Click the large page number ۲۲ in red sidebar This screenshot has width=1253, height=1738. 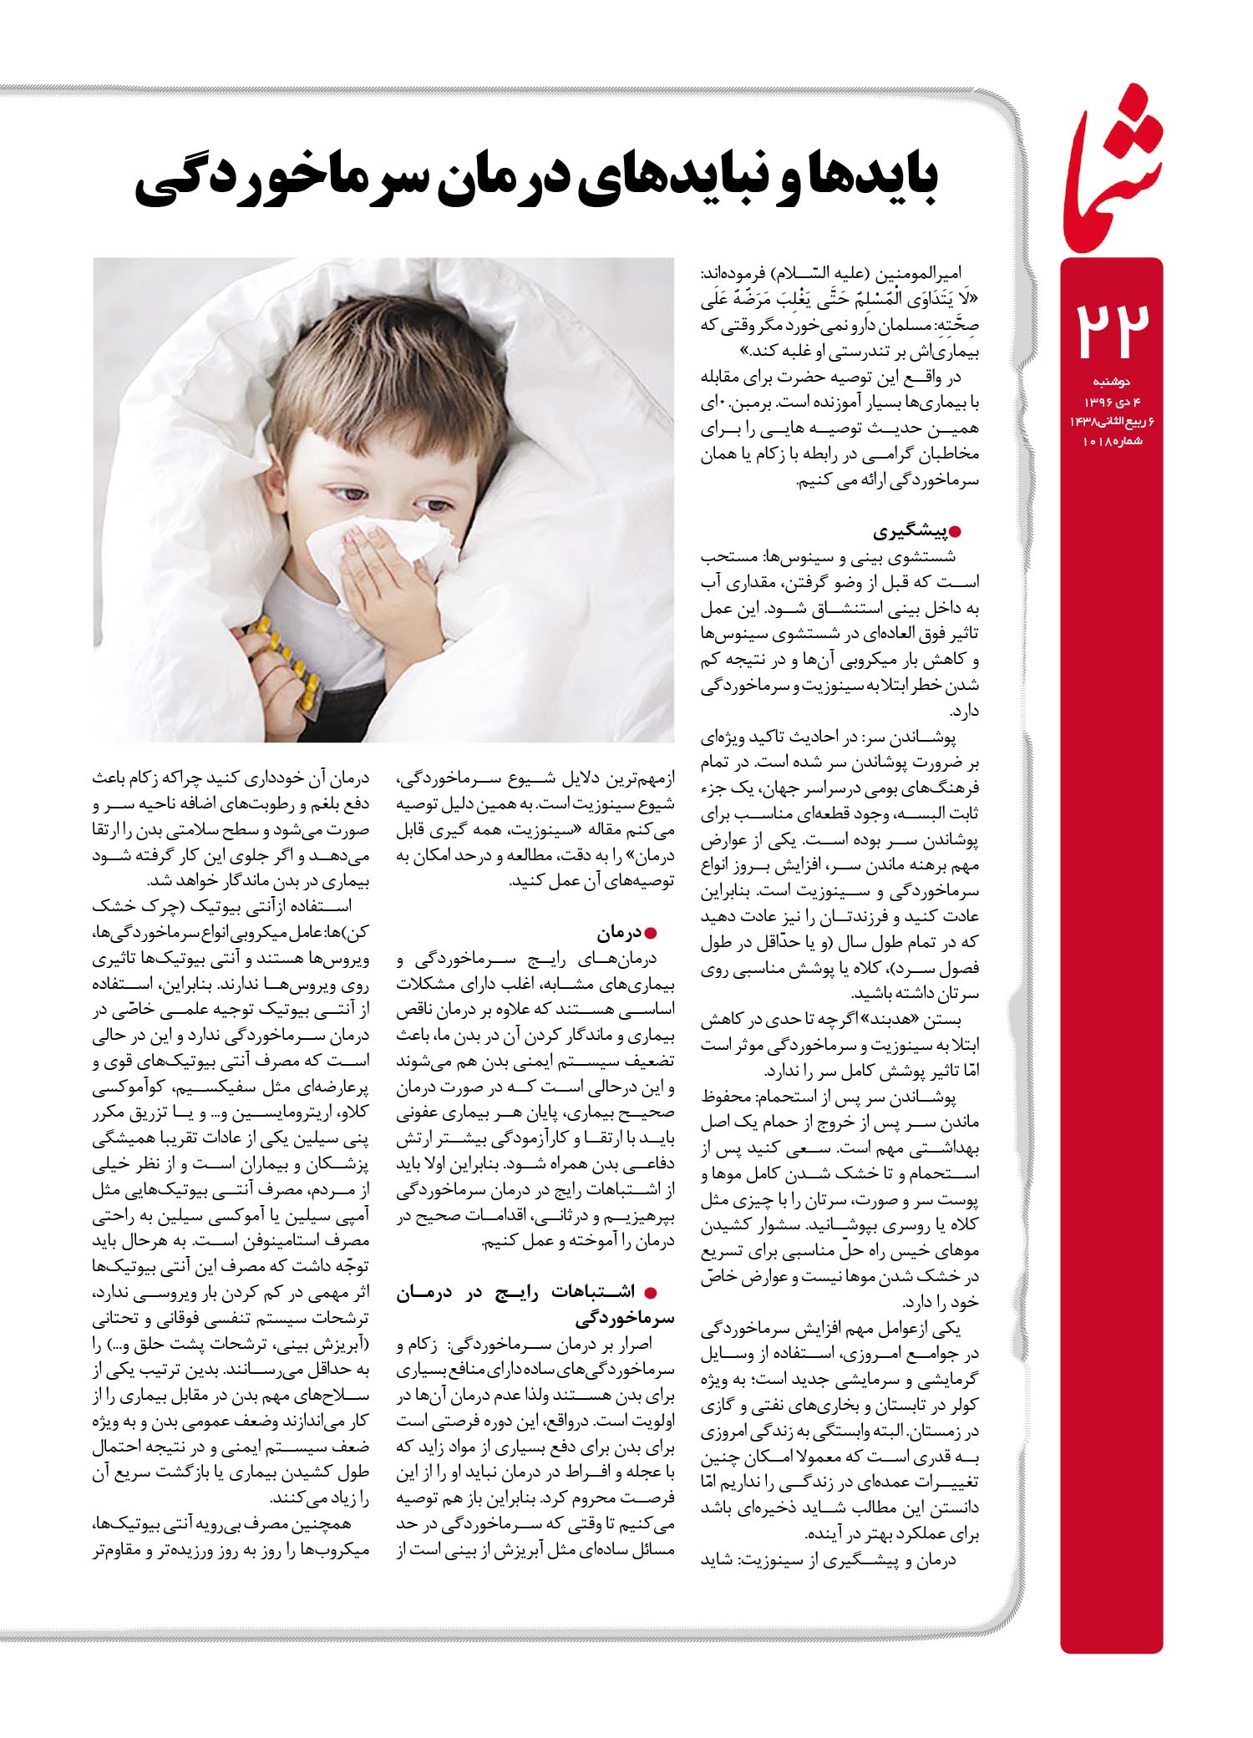1110,328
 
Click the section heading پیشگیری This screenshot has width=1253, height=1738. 906,531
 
